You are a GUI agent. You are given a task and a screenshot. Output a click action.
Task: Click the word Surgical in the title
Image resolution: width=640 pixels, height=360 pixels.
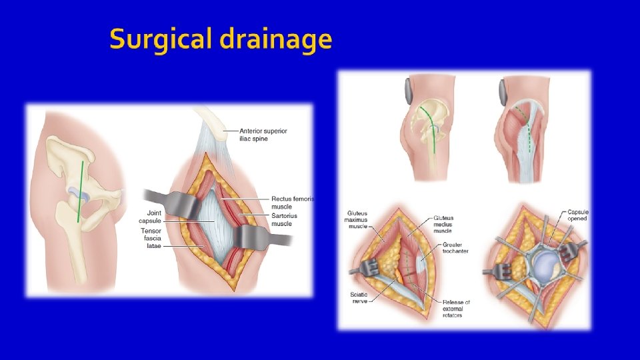(155, 41)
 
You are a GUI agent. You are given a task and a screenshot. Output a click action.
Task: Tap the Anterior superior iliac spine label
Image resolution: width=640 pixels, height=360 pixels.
(264, 135)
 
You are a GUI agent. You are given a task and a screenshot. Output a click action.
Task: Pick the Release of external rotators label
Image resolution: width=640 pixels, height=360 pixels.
(457, 307)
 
